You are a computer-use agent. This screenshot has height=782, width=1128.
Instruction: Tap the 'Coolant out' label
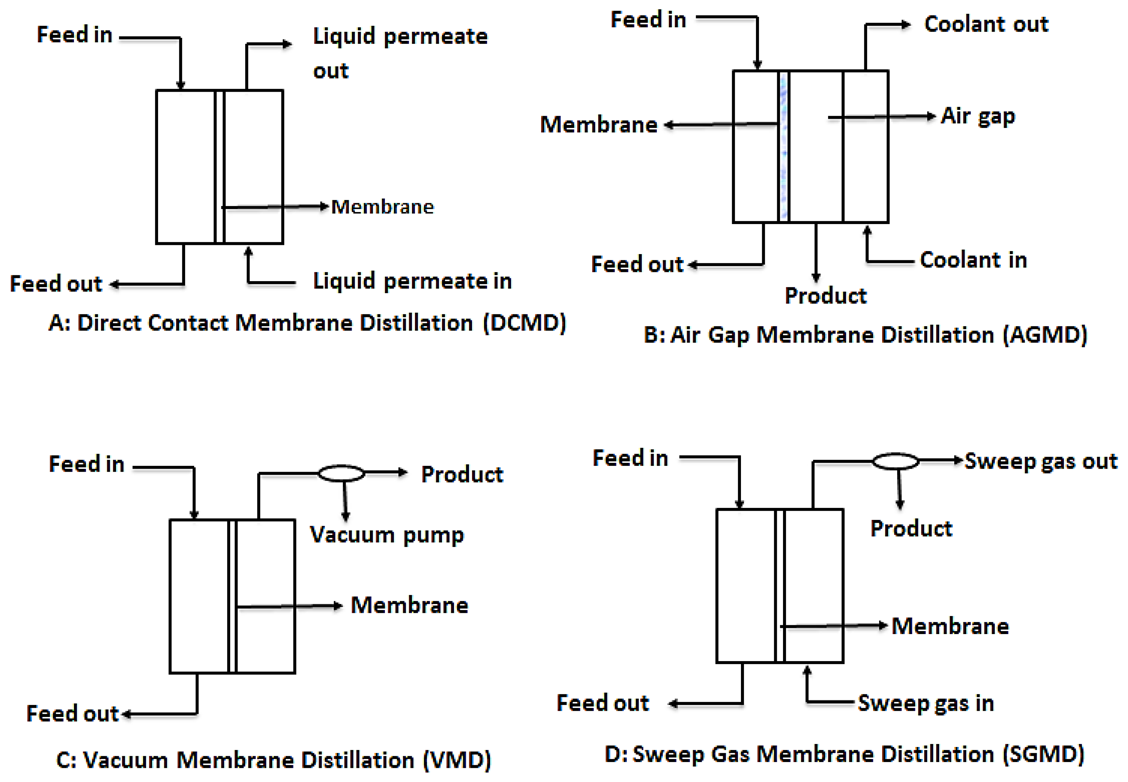pyautogui.click(x=986, y=24)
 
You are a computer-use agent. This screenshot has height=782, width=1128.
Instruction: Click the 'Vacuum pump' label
pyautogui.click(x=387, y=535)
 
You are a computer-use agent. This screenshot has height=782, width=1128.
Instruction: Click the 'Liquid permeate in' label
pyautogui.click(x=412, y=281)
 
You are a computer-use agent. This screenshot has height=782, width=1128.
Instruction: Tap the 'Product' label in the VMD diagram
pyautogui.click(x=462, y=474)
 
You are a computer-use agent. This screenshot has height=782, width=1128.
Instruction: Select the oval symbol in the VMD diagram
pyautogui.click(x=342, y=473)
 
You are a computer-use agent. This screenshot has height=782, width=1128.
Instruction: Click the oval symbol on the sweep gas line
pyautogui.click(x=895, y=461)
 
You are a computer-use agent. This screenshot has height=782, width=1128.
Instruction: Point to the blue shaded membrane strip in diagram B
pyautogui.click(x=784, y=147)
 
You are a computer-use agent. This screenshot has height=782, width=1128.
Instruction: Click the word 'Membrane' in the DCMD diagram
pyautogui.click(x=382, y=207)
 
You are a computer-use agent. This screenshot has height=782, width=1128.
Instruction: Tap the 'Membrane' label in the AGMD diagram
pyautogui.click(x=598, y=125)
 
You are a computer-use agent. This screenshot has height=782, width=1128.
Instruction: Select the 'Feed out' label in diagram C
pyautogui.click(x=72, y=713)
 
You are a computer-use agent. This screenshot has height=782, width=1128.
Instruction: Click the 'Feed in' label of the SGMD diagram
pyautogui.click(x=630, y=458)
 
